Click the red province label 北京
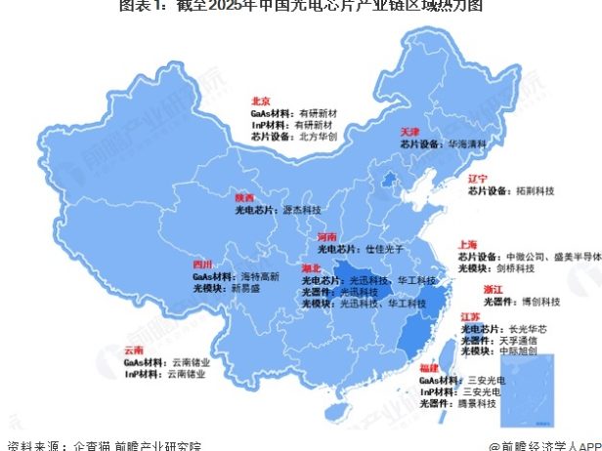coord(260,100)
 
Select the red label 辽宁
coord(477,179)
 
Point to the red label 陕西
coord(244,196)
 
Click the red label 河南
coord(326,237)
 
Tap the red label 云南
coord(134,349)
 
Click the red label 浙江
coord(494,290)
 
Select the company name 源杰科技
coord(301,210)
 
